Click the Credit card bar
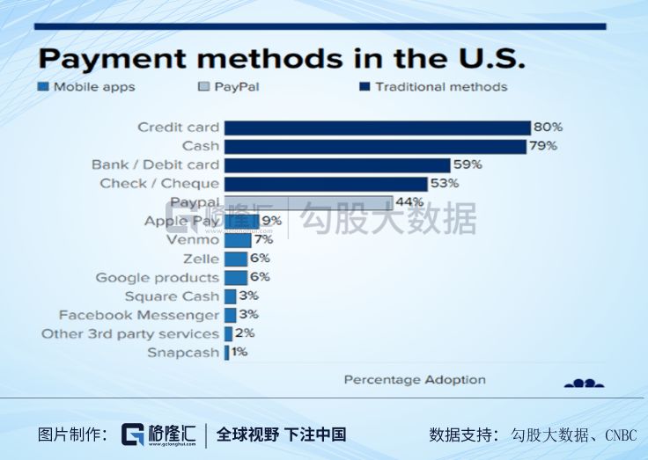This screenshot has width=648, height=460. (377, 128)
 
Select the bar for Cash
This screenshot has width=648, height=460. (375, 146)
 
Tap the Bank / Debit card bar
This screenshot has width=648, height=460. (336, 164)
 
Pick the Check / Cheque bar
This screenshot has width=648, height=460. (325, 183)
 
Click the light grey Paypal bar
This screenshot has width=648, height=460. (307, 202)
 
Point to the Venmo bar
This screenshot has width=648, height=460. (237, 240)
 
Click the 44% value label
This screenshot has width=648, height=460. (409, 202)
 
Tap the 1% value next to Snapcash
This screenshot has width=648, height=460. (239, 352)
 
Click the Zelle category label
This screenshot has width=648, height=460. (201, 259)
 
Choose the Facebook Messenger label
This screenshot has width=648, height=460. (139, 315)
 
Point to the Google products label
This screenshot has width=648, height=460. (158, 277)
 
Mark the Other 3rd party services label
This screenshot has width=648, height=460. (129, 333)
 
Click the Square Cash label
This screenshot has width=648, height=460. (172, 296)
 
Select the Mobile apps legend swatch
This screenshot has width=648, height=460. (43, 87)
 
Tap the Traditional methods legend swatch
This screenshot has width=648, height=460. (364, 87)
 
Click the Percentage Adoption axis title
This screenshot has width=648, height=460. (414, 380)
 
